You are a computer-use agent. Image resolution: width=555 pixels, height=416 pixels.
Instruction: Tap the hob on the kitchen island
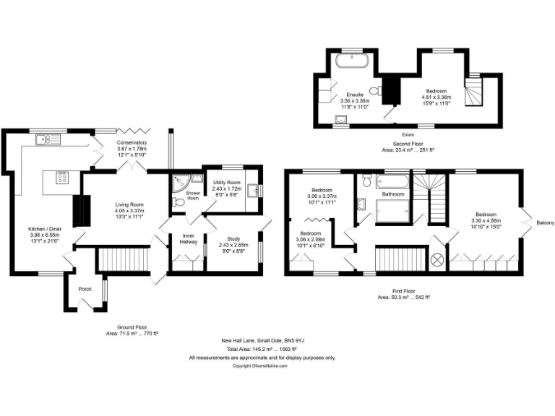point(61,177)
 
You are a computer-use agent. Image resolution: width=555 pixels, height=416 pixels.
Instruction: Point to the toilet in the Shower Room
point(179,202)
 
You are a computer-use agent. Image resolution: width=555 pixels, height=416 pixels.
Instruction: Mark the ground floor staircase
point(122,258)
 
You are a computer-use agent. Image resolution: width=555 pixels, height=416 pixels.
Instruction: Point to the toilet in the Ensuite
point(374,91)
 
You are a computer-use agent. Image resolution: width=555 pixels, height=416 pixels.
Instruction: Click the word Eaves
point(408,134)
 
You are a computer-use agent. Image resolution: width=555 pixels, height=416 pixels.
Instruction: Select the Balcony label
point(545,222)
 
